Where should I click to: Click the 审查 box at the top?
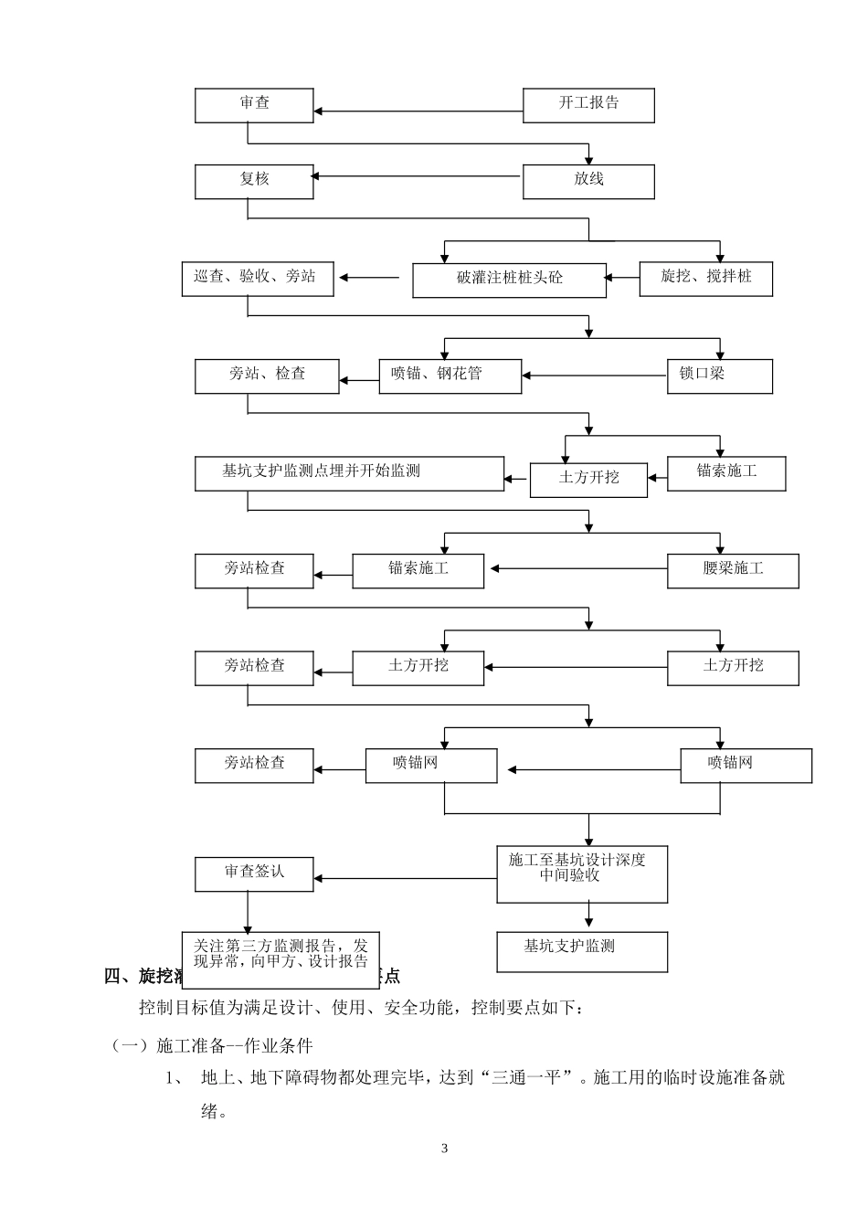(254, 105)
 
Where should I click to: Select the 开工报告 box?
(588, 105)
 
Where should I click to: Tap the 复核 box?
(254, 181)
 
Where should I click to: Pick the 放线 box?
(588, 181)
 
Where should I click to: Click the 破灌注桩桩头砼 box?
(509, 280)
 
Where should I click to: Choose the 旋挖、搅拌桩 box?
(706, 278)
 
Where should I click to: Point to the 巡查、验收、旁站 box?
(258, 278)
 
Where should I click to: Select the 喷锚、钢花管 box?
(450, 376)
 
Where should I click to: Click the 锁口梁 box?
(720, 376)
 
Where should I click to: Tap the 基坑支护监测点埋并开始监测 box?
(349, 473)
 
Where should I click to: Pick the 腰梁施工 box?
(733, 570)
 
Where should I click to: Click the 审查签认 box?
(254, 873)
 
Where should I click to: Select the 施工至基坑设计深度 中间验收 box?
(582, 873)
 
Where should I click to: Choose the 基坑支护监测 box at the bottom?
(582, 950)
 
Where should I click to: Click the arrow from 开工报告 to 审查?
(418, 112)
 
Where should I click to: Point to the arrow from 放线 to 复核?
(418, 177)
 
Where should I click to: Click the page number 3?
(445, 1149)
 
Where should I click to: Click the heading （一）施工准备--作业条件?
(212, 1045)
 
